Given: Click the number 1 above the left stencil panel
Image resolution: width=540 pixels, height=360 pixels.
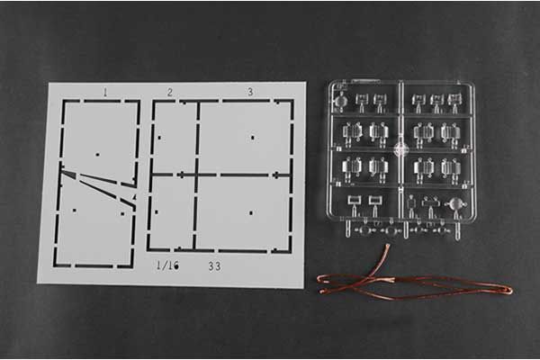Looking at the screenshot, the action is (x=105, y=92).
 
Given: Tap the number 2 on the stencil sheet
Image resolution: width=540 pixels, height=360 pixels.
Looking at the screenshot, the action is (x=170, y=93).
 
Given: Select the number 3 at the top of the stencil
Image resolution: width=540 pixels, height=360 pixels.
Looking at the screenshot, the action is (x=250, y=92).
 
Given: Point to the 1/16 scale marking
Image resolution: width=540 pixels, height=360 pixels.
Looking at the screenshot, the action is (x=167, y=265).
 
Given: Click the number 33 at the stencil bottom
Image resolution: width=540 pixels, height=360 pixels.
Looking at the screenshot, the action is (x=214, y=266).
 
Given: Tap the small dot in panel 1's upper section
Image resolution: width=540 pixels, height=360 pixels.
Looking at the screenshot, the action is (x=97, y=155).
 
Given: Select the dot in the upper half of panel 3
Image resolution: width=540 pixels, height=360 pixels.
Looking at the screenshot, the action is (x=253, y=138).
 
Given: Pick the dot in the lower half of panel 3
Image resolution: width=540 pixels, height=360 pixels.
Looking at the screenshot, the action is (x=251, y=213).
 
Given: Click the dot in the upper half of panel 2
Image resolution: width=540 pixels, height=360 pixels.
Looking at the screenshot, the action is (x=159, y=138).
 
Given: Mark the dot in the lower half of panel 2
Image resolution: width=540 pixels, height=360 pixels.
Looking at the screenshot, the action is (x=157, y=212).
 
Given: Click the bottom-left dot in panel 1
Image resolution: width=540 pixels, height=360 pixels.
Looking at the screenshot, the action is (x=75, y=211).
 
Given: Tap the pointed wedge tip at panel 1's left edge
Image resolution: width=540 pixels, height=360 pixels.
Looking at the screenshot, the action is (x=63, y=169).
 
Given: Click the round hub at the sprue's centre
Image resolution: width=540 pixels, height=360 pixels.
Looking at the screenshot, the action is (x=401, y=149).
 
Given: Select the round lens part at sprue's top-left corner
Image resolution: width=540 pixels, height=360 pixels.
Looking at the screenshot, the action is (x=341, y=101).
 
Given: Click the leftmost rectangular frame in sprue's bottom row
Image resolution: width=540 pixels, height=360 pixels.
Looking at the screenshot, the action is (x=354, y=200).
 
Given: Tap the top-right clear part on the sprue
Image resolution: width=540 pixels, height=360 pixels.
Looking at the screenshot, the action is (x=454, y=100).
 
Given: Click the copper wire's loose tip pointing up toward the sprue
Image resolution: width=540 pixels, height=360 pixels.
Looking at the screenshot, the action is (x=389, y=246).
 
